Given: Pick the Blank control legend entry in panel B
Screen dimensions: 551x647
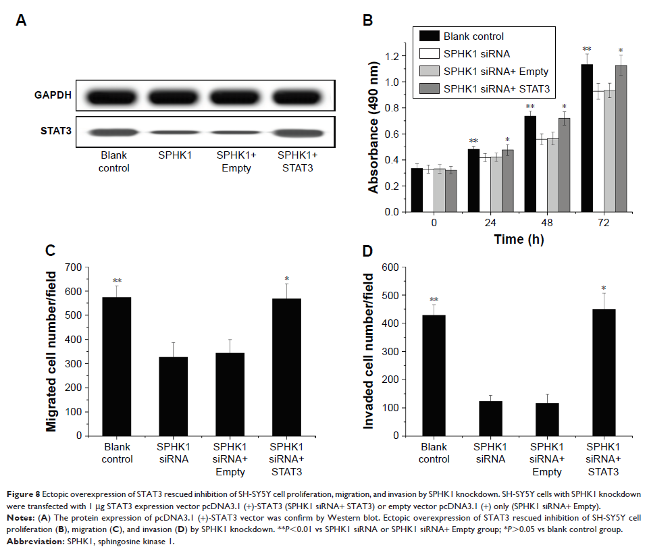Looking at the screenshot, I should [x=473, y=36].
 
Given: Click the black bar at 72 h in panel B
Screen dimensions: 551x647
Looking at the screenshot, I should [x=581, y=138].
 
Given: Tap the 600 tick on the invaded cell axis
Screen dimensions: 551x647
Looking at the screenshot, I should [x=391, y=267].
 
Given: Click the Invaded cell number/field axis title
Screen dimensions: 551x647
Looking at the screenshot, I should [x=369, y=350].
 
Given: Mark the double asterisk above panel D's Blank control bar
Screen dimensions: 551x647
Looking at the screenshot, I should [x=434, y=300].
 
